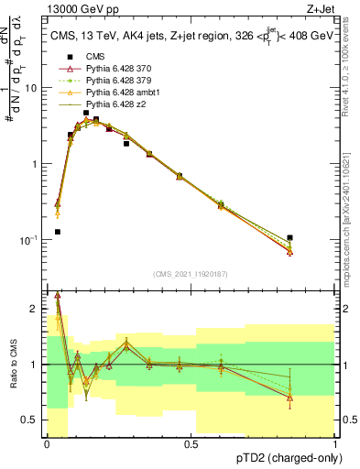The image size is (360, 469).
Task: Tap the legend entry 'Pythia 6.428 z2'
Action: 115,104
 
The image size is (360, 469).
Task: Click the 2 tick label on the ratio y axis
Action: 35,309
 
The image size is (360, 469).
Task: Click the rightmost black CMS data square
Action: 290,238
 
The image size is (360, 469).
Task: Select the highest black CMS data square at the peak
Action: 86,113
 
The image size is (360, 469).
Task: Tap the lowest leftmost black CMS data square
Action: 58,232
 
